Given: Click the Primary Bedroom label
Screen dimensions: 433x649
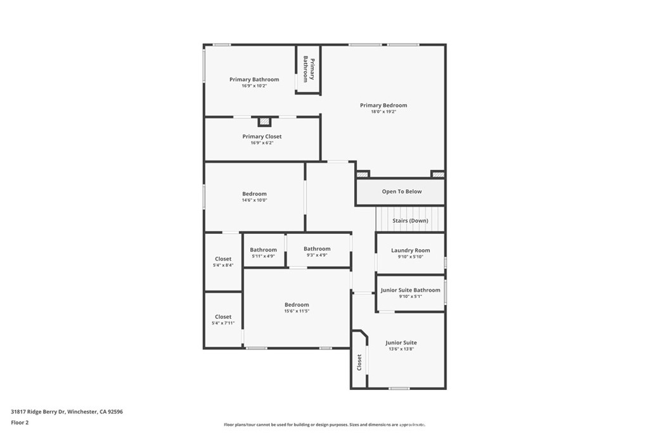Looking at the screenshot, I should (383, 105).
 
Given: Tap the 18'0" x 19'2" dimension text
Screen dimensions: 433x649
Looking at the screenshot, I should (383, 112).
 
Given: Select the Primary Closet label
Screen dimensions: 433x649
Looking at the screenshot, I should (262, 136).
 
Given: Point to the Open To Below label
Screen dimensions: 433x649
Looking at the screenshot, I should (401, 191).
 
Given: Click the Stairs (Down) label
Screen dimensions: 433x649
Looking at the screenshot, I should (410, 221).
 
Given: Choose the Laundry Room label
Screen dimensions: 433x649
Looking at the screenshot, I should (410, 250).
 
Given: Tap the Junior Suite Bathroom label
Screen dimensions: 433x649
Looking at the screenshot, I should (410, 290).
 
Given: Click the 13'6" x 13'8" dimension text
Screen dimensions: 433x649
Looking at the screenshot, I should (401, 349).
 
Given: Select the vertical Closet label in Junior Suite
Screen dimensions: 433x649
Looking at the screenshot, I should (359, 363).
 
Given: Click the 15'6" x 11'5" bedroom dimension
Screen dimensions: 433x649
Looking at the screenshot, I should (297, 311).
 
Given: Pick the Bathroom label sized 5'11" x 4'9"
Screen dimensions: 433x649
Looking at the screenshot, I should (263, 250).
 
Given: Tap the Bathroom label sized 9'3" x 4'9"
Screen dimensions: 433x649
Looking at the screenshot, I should (317, 249).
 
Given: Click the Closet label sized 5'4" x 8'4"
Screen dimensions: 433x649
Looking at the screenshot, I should (223, 259).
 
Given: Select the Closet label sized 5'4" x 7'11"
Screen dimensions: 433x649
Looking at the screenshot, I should (223, 316).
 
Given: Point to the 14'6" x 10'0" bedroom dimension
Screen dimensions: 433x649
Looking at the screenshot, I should (254, 200).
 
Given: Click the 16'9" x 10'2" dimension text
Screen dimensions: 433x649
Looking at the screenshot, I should (254, 86).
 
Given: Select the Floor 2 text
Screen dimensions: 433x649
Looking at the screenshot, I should (20, 422).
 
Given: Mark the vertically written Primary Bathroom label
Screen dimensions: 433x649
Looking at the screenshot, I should (309, 68).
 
